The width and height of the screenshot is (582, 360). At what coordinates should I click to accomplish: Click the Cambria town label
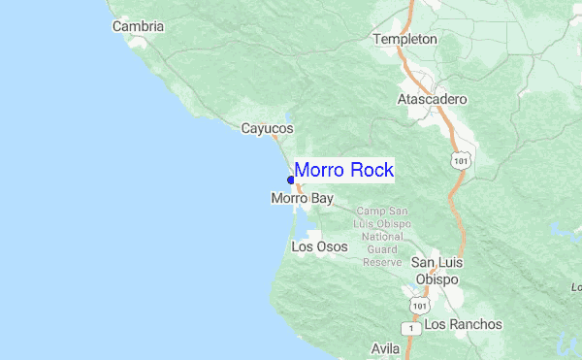click(138, 26)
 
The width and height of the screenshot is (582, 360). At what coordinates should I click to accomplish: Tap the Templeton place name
click(405, 40)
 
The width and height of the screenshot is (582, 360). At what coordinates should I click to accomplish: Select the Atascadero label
click(433, 100)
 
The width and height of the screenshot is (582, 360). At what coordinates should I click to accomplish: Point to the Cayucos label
click(267, 128)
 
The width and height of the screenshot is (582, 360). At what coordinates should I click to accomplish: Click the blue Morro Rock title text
click(343, 171)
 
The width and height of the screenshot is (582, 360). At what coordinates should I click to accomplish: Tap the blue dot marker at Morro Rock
click(291, 180)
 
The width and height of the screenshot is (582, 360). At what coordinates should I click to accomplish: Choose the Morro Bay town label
click(302, 198)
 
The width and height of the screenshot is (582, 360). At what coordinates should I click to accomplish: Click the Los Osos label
click(319, 246)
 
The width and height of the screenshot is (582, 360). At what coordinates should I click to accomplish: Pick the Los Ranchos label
click(464, 324)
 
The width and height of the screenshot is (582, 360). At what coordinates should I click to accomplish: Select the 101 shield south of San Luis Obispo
click(417, 305)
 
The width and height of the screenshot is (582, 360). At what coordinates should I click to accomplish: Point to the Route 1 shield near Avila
click(413, 329)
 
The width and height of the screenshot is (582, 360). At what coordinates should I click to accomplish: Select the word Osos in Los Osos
click(331, 246)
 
